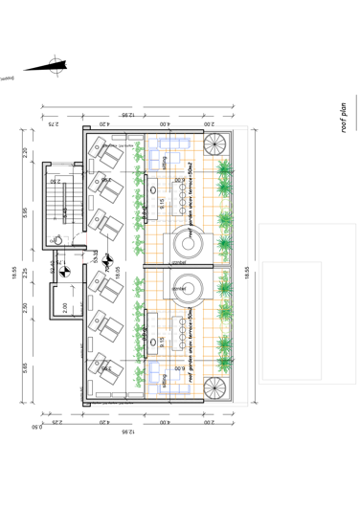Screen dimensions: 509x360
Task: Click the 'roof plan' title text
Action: (343, 120)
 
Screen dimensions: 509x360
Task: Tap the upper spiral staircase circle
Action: (183, 243)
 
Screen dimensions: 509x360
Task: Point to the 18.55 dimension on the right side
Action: (246, 272)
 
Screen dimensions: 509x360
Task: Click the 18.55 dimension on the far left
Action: (13, 274)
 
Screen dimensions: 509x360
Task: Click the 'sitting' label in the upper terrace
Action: (165, 164)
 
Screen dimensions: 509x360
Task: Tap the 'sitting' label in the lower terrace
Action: (165, 380)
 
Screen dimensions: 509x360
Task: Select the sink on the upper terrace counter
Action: (153, 190)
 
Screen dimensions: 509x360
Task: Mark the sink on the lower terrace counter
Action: (153, 352)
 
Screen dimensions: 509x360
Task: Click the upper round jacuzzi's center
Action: (183, 243)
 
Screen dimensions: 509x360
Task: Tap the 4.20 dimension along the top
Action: (103, 123)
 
